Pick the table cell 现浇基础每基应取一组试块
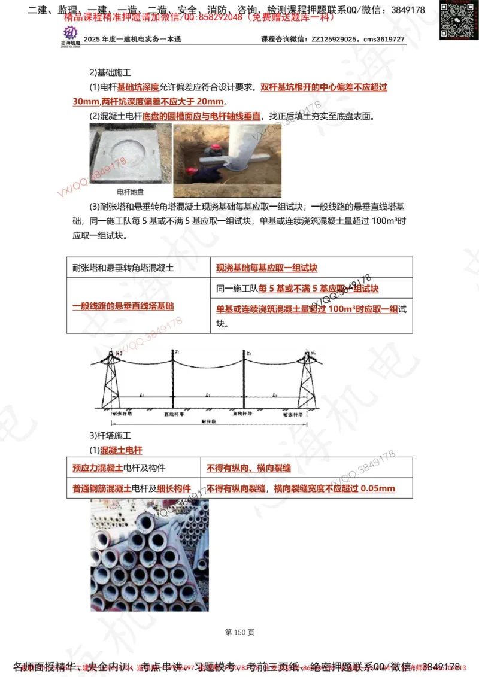point(266,268)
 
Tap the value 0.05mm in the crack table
point(378,488)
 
